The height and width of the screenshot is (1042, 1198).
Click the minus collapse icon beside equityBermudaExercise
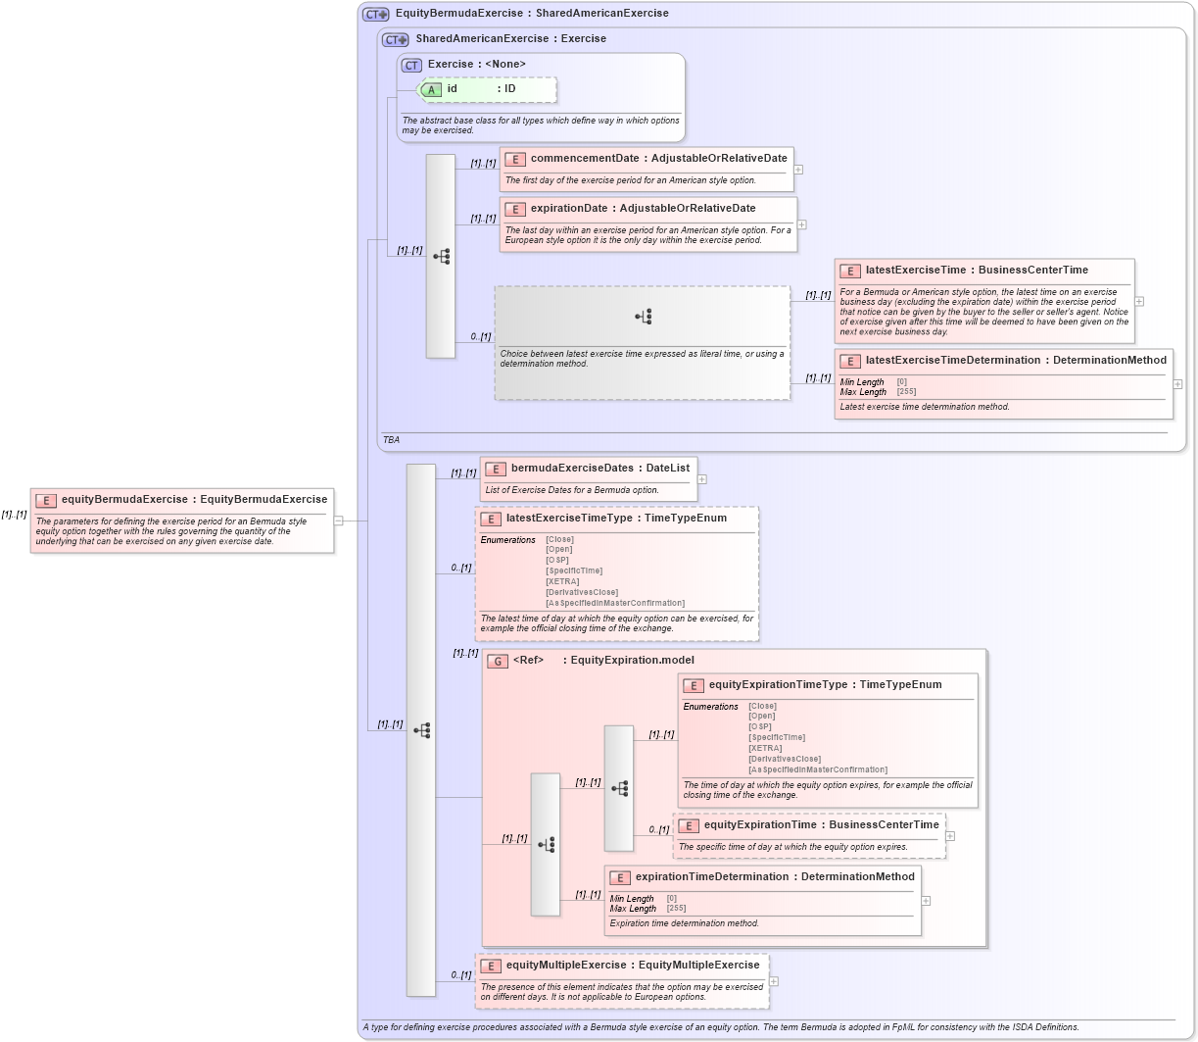(338, 521)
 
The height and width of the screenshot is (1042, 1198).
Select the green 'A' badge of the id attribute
(431, 89)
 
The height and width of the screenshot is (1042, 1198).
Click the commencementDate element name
(584, 158)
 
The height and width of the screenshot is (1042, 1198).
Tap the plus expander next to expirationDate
(801, 224)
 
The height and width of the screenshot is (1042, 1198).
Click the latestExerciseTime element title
(915, 270)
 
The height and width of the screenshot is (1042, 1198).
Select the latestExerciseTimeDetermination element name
(955, 360)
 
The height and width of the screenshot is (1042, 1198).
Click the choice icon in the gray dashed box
(643, 317)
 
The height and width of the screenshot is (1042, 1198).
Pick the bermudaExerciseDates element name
(572, 468)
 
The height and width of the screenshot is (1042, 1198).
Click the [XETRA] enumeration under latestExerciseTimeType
(562, 581)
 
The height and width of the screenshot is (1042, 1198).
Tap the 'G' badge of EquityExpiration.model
(498, 661)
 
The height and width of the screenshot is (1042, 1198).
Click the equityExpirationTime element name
(759, 824)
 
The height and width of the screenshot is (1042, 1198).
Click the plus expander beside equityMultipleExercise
(774, 981)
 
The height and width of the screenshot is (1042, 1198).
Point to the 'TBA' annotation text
(391, 440)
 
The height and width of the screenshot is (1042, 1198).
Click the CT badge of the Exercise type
(411, 65)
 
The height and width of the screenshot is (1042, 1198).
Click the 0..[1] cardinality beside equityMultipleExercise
(460, 975)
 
